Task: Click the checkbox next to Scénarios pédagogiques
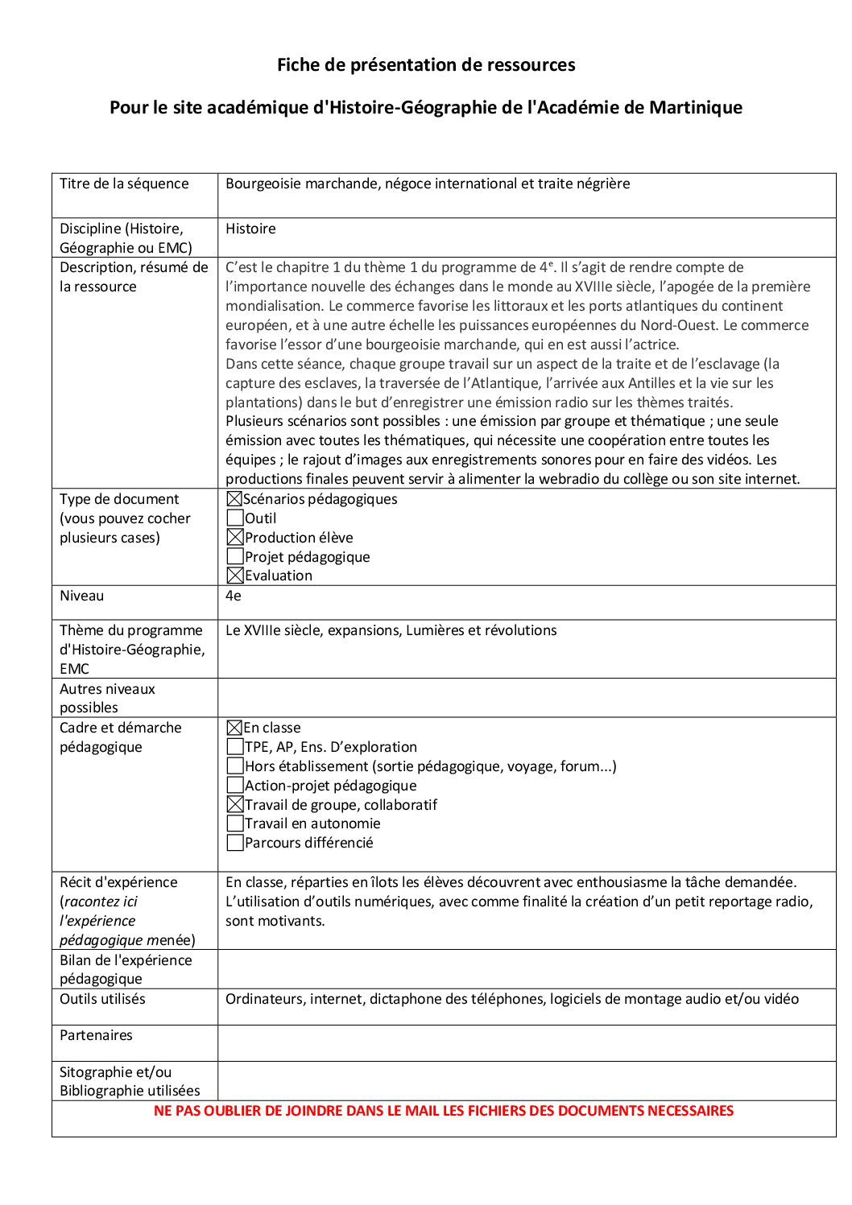(x=234, y=499)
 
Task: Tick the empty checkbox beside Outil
(x=235, y=518)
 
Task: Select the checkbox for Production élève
(x=235, y=537)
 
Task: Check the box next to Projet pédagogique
(x=235, y=556)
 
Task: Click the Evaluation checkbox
(x=235, y=576)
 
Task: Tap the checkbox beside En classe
(x=234, y=728)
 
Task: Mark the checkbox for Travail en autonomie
(x=235, y=823)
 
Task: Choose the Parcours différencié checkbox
(x=235, y=843)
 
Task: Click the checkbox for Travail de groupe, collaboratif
(x=235, y=804)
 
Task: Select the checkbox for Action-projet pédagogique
(x=235, y=786)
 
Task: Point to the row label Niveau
(x=81, y=596)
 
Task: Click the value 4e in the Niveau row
(x=233, y=596)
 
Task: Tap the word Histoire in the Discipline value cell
(x=250, y=229)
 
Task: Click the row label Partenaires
(x=96, y=1035)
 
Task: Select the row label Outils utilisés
(x=102, y=999)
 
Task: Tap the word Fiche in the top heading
(x=298, y=64)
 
